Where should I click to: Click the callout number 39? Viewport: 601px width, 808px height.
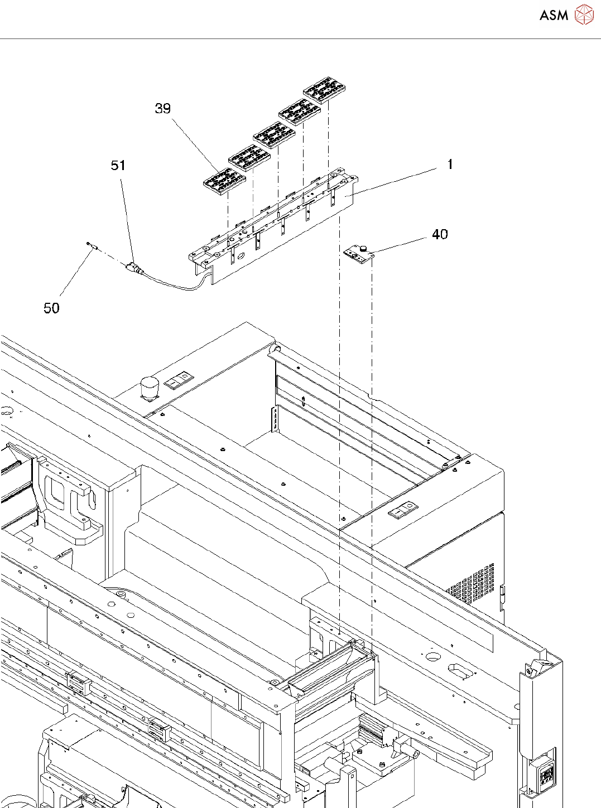(x=162, y=108)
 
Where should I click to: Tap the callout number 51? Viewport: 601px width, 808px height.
(x=118, y=165)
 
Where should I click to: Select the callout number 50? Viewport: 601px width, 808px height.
(x=51, y=308)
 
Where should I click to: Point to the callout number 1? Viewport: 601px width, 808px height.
(x=450, y=164)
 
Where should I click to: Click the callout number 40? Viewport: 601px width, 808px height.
(x=440, y=234)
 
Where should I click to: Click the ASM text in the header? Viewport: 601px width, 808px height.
(x=554, y=15)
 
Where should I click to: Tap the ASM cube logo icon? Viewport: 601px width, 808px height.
(x=584, y=15)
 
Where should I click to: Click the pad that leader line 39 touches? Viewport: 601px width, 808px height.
(x=224, y=180)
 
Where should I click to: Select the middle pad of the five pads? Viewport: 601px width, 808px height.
(x=275, y=134)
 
